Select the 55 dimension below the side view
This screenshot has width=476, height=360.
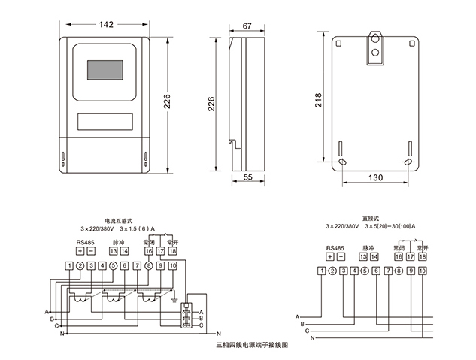(247, 178)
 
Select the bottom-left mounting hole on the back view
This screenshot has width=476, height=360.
(342, 162)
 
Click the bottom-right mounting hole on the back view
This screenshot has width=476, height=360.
(408, 162)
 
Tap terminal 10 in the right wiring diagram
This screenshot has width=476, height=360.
(422, 270)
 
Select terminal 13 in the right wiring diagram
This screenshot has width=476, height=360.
(362, 256)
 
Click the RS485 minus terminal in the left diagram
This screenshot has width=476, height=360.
(90, 250)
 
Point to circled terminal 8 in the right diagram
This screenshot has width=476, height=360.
(399, 270)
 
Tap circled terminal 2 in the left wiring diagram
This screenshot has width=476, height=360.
(80, 265)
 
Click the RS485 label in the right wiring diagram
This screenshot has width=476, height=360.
(335, 247)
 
